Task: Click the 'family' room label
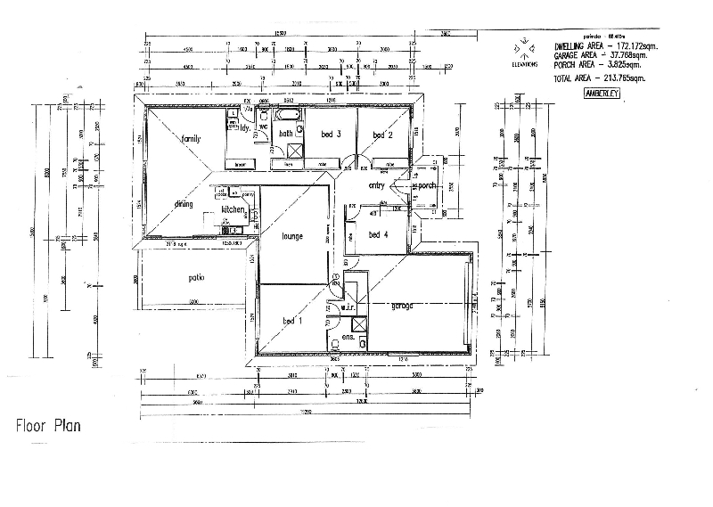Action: pyautogui.click(x=191, y=139)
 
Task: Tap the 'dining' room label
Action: pyautogui.click(x=184, y=204)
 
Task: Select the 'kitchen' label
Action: pyautogui.click(x=233, y=209)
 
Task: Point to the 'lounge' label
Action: pyautogui.click(x=291, y=236)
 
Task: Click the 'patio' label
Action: pyautogui.click(x=196, y=277)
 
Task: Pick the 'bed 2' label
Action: pyautogui.click(x=383, y=135)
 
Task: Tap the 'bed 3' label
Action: pyautogui.click(x=332, y=135)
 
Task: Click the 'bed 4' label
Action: pyautogui.click(x=378, y=234)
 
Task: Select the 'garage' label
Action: pyautogui.click(x=401, y=306)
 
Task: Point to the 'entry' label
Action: pyautogui.click(x=376, y=185)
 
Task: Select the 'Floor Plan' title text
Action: pyautogui.click(x=48, y=426)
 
